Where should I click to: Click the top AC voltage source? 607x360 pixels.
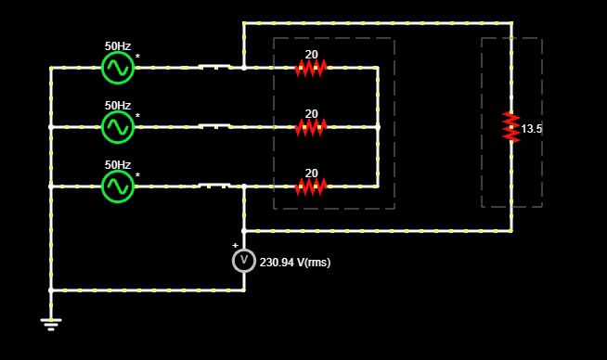tap(118, 68)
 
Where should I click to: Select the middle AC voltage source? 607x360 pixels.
tap(118, 127)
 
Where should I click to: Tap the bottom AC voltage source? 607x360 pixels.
tap(118, 186)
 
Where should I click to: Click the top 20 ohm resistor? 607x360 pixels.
tap(311, 68)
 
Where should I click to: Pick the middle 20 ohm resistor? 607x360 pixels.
tap(311, 127)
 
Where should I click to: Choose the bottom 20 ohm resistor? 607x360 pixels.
tap(311, 186)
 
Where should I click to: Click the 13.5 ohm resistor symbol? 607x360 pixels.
tap(511, 127)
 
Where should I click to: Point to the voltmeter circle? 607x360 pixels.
tap(244, 260)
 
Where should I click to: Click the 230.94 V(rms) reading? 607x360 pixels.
tap(295, 263)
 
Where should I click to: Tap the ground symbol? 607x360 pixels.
tap(51, 325)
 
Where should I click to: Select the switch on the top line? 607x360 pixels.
tap(214, 67)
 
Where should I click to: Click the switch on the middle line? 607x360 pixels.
tap(214, 126)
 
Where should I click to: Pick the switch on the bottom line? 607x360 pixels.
tap(214, 185)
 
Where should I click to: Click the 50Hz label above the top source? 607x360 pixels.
tap(118, 46)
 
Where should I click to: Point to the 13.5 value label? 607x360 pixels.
tap(532, 129)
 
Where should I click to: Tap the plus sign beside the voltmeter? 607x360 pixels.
tap(235, 246)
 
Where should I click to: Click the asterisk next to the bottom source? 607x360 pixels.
tap(137, 175)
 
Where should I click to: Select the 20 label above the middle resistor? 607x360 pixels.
tap(311, 114)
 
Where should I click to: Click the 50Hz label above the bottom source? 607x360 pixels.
tap(118, 164)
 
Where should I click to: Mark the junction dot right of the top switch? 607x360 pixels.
tap(244, 68)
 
